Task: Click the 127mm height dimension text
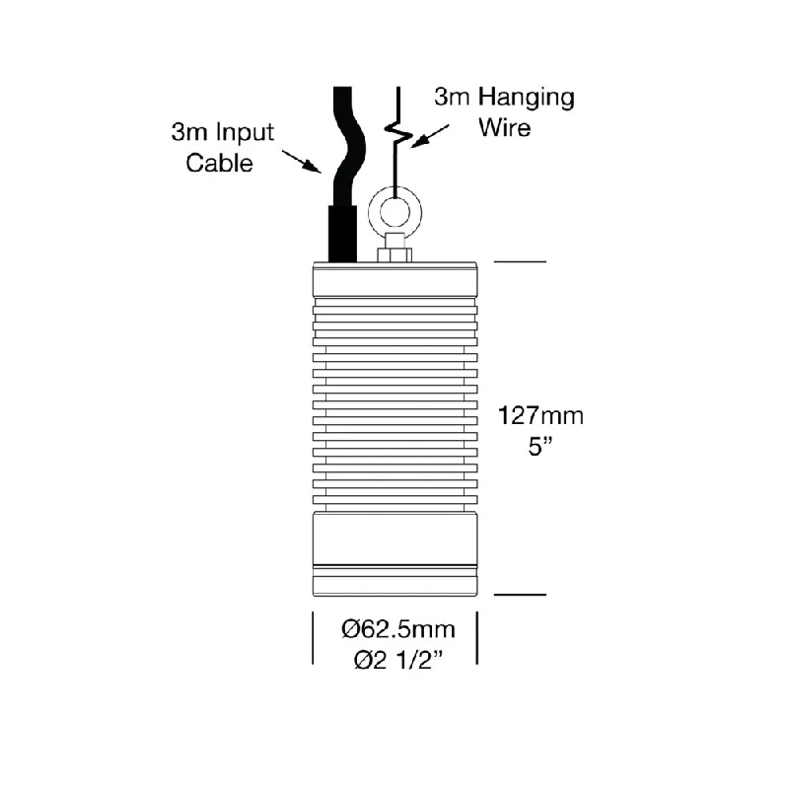[x=540, y=416]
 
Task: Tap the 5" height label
[x=540, y=447]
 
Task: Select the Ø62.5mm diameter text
[x=398, y=629]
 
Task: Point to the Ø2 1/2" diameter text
[x=398, y=660]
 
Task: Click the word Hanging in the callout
[x=526, y=98]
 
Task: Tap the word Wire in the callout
[x=504, y=127]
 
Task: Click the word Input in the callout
[x=245, y=133]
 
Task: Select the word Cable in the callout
[x=219, y=163]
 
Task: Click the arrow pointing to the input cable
[x=302, y=162]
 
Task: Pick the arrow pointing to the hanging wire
[x=429, y=136]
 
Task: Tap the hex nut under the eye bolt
[x=394, y=255]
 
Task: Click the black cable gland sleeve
[x=342, y=234]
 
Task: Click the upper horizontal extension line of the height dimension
[x=520, y=261]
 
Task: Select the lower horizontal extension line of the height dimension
[x=520, y=595]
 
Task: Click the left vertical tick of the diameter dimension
[x=313, y=637]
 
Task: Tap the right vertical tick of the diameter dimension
[x=476, y=637]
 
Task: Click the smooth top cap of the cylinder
[x=395, y=280]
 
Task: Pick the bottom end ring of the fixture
[x=395, y=586]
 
